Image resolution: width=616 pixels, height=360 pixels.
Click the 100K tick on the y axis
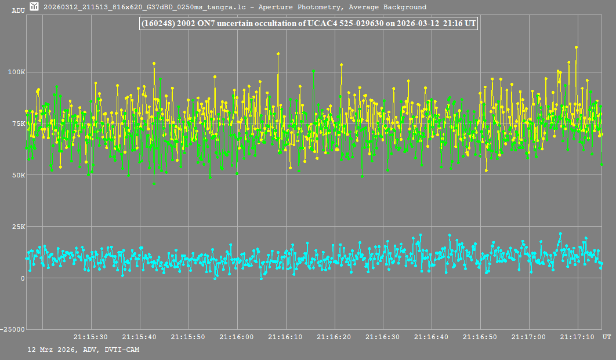(x=16, y=72)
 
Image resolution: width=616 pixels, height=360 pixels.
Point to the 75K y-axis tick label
(x=19, y=123)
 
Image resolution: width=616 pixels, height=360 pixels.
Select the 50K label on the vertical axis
(x=19, y=175)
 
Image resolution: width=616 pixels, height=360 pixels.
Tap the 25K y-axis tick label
(x=19, y=227)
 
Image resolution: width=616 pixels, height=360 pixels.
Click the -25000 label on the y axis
(x=13, y=330)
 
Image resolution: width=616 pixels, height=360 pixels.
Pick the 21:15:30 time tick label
(x=90, y=337)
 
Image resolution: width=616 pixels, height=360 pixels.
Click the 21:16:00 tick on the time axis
(x=237, y=337)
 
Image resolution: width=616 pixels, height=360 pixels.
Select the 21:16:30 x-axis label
(x=383, y=337)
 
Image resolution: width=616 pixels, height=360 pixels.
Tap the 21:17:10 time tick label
(x=577, y=337)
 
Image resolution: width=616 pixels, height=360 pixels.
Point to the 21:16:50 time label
(x=480, y=337)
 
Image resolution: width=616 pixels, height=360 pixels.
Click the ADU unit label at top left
(x=18, y=10)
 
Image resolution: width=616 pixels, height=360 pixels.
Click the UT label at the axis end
(x=607, y=337)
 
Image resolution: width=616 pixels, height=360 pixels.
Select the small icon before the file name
(x=35, y=6)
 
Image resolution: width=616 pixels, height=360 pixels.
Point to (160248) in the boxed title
(x=158, y=23)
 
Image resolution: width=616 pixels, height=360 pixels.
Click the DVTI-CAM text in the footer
(x=122, y=350)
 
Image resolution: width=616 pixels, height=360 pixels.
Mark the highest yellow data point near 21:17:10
(x=577, y=47)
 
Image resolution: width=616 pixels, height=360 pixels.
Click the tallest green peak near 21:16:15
(x=313, y=71)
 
